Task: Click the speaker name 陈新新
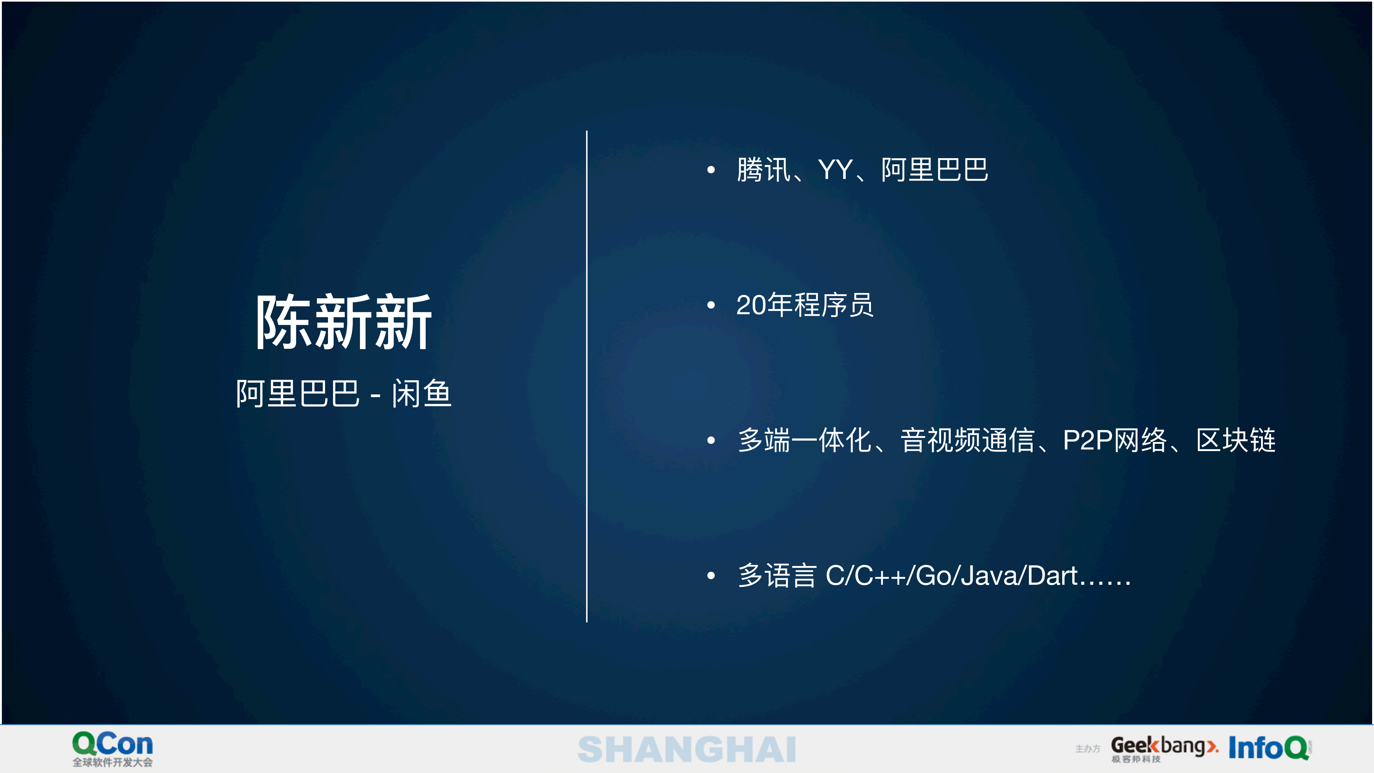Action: [344, 322]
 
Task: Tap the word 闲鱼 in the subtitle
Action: [421, 394]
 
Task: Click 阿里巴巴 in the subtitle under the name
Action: [298, 394]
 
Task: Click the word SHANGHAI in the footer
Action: [687, 750]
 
